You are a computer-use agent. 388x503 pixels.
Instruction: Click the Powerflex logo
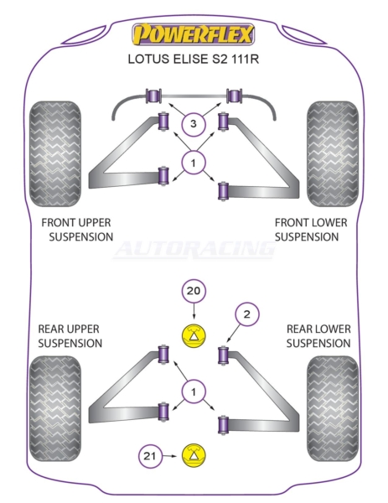(194, 34)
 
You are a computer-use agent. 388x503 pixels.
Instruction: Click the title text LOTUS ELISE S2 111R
(194, 59)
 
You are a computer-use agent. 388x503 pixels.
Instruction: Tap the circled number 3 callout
(193, 124)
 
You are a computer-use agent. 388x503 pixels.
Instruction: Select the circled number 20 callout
(194, 291)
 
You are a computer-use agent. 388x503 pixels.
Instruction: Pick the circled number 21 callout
(150, 456)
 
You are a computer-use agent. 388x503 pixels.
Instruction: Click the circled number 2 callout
(246, 314)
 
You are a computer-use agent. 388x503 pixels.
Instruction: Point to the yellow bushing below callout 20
(194, 336)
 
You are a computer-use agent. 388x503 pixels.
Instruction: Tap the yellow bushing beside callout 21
(194, 456)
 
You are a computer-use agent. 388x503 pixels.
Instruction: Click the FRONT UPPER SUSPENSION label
(77, 230)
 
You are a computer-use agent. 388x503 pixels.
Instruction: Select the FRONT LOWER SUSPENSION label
(311, 230)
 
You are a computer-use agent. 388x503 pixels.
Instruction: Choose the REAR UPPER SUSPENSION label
(70, 336)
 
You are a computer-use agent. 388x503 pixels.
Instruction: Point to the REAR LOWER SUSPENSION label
(318, 336)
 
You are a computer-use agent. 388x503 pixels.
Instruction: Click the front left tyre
(54, 154)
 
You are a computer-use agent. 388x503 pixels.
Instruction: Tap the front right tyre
(333, 154)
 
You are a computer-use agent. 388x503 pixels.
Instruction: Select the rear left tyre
(54, 409)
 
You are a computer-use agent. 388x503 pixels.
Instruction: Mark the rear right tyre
(333, 409)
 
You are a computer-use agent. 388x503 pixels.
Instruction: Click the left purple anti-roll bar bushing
(153, 96)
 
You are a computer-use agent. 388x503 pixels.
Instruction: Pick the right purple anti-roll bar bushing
(235, 96)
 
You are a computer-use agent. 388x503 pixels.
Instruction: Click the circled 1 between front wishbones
(193, 163)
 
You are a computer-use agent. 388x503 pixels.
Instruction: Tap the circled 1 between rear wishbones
(193, 392)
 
